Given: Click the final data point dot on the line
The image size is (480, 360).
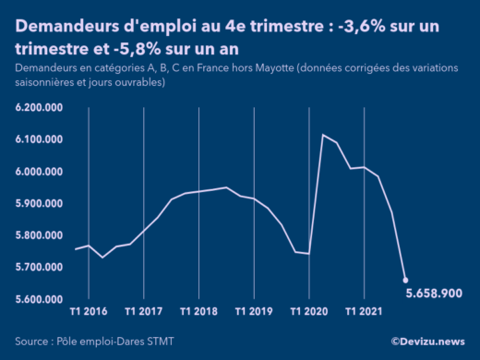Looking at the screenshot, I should point(405,280).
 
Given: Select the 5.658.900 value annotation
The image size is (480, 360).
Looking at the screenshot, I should point(435,293).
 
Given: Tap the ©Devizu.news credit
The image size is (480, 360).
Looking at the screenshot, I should point(427,341).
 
